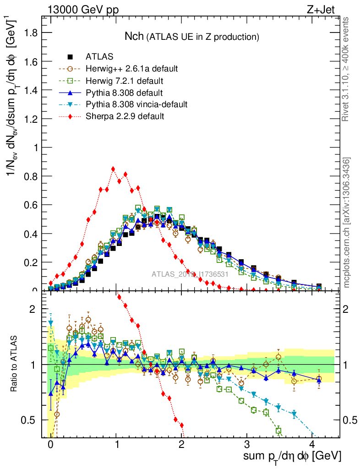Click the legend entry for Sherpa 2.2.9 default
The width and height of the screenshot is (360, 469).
tap(125, 116)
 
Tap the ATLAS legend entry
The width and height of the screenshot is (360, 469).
tap(99, 57)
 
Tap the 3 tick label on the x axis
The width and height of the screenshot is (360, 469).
tap(247, 444)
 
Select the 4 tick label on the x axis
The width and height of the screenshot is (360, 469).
tap(312, 444)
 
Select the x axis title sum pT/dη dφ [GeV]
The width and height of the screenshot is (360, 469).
tap(292, 457)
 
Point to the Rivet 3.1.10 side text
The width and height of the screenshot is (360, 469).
tap(346, 69)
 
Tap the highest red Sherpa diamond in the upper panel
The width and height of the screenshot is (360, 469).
tap(113, 169)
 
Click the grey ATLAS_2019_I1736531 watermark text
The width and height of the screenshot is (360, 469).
tap(190, 275)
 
